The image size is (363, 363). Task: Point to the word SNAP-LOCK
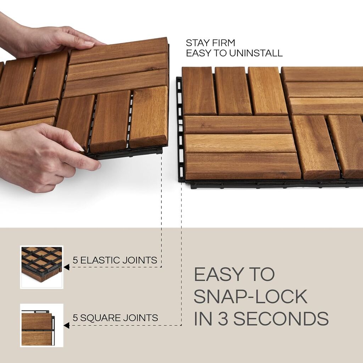click(250, 297)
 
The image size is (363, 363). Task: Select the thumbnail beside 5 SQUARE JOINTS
click(41, 325)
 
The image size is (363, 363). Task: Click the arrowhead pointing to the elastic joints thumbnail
click(67, 267)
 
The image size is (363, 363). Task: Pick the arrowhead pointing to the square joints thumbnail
click(67, 325)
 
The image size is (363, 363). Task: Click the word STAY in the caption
click(197, 43)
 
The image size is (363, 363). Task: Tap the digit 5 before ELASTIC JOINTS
click(75, 261)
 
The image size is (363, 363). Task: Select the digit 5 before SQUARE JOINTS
click(75, 318)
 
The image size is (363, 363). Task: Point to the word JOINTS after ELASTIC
click(139, 261)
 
